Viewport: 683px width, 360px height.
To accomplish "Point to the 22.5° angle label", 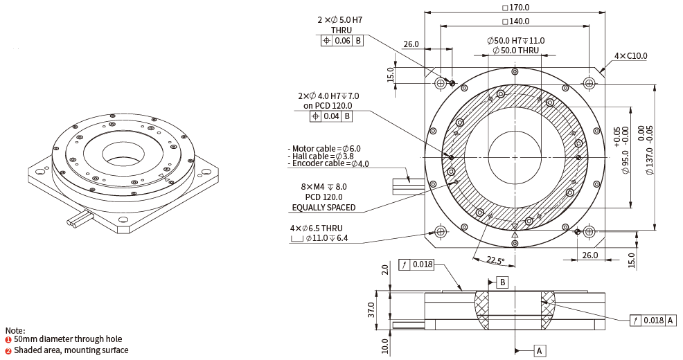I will coord(495,260).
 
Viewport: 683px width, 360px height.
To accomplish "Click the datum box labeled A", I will coord(539,351).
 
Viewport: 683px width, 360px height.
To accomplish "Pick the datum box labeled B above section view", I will coord(502,282).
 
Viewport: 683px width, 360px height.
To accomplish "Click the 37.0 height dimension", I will coord(372,309).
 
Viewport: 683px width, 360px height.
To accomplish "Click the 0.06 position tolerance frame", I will coord(342,41).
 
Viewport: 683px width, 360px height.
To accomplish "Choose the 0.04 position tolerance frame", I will coord(331,116).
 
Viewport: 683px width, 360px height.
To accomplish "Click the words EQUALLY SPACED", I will coord(323,207).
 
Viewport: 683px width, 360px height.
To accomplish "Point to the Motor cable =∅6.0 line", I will coord(324,148).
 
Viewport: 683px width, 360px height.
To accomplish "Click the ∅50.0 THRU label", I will coord(515,51).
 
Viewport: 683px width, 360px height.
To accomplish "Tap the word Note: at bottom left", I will coord(15,330).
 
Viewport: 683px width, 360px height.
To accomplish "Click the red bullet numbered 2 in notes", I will coord(8,350).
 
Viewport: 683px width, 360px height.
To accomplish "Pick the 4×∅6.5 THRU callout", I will coord(316,228).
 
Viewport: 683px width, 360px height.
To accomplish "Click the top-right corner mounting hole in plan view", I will coord(589,83).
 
